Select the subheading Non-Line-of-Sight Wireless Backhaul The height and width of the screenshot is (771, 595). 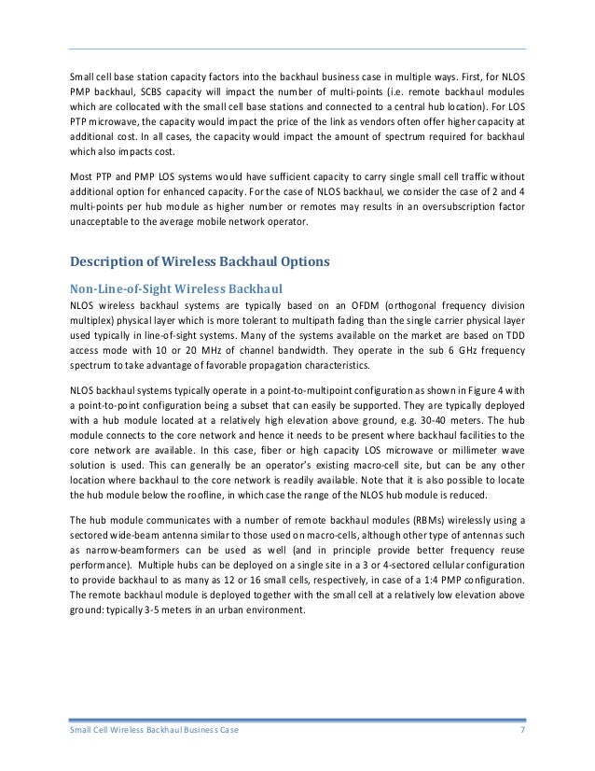click(x=177, y=287)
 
